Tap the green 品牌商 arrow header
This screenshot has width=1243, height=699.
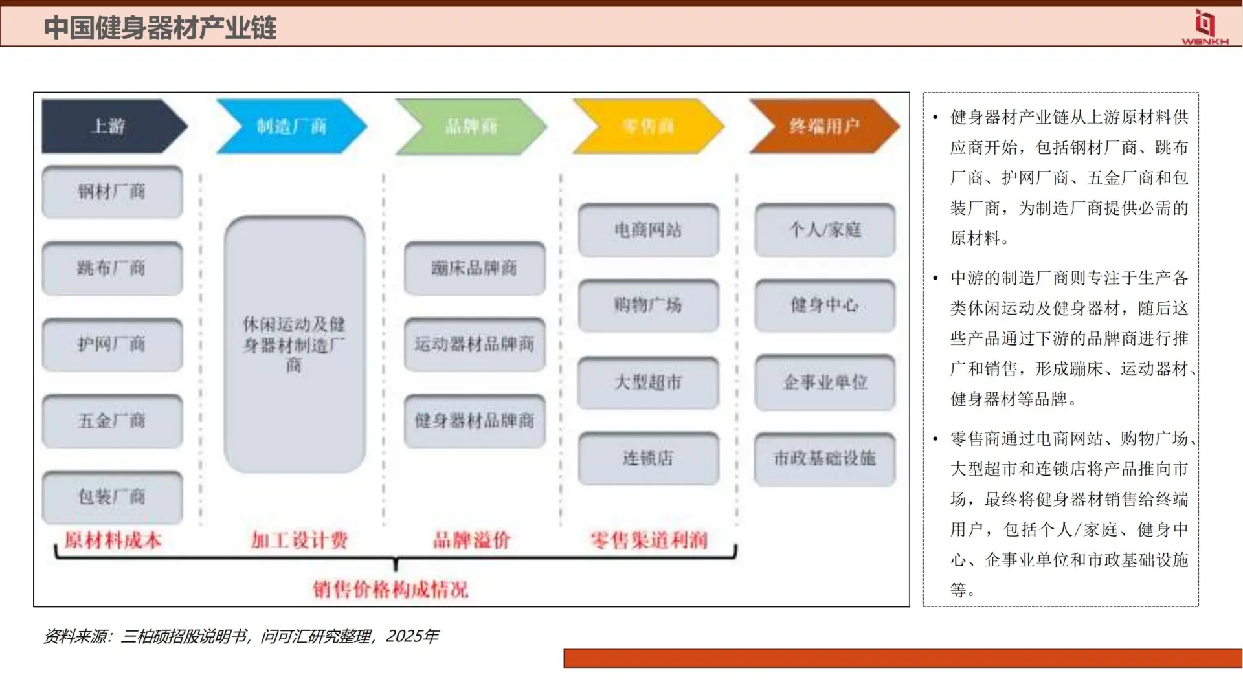(471, 126)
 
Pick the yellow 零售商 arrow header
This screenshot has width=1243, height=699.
(647, 126)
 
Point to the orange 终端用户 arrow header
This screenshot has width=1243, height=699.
(824, 126)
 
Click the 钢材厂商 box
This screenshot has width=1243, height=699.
(112, 192)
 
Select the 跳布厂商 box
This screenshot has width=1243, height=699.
(112, 268)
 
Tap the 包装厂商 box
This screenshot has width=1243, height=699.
(112, 497)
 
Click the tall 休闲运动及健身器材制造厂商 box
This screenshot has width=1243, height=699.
(295, 344)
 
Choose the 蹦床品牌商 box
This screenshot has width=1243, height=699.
(475, 268)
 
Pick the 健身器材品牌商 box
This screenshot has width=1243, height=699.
(475, 421)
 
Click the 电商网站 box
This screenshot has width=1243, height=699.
(648, 230)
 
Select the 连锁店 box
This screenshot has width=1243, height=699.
(648, 458)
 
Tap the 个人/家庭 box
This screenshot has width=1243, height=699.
(825, 230)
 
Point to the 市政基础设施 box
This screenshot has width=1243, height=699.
(825, 458)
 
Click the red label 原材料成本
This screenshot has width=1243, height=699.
(113, 540)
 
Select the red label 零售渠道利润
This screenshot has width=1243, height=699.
(649, 540)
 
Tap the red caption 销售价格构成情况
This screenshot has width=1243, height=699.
(390, 590)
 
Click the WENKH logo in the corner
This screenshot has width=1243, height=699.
(1205, 28)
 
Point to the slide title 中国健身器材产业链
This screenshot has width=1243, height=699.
(160, 28)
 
